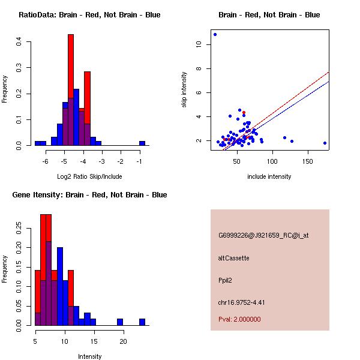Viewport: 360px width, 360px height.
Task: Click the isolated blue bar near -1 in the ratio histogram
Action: pyautogui.click(x=142, y=143)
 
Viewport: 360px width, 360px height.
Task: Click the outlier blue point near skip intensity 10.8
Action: pyautogui.click(x=215, y=34)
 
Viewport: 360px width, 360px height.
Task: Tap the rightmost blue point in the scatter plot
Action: pyautogui.click(x=325, y=143)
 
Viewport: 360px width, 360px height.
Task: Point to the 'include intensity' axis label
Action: pyautogui.click(x=269, y=176)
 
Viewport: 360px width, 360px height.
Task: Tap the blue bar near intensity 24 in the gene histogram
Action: pyautogui.click(x=142, y=322)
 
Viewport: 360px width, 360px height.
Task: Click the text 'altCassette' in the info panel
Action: pyautogui.click(x=233, y=258)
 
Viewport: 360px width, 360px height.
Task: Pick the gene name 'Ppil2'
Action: pyautogui.click(x=226, y=280)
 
